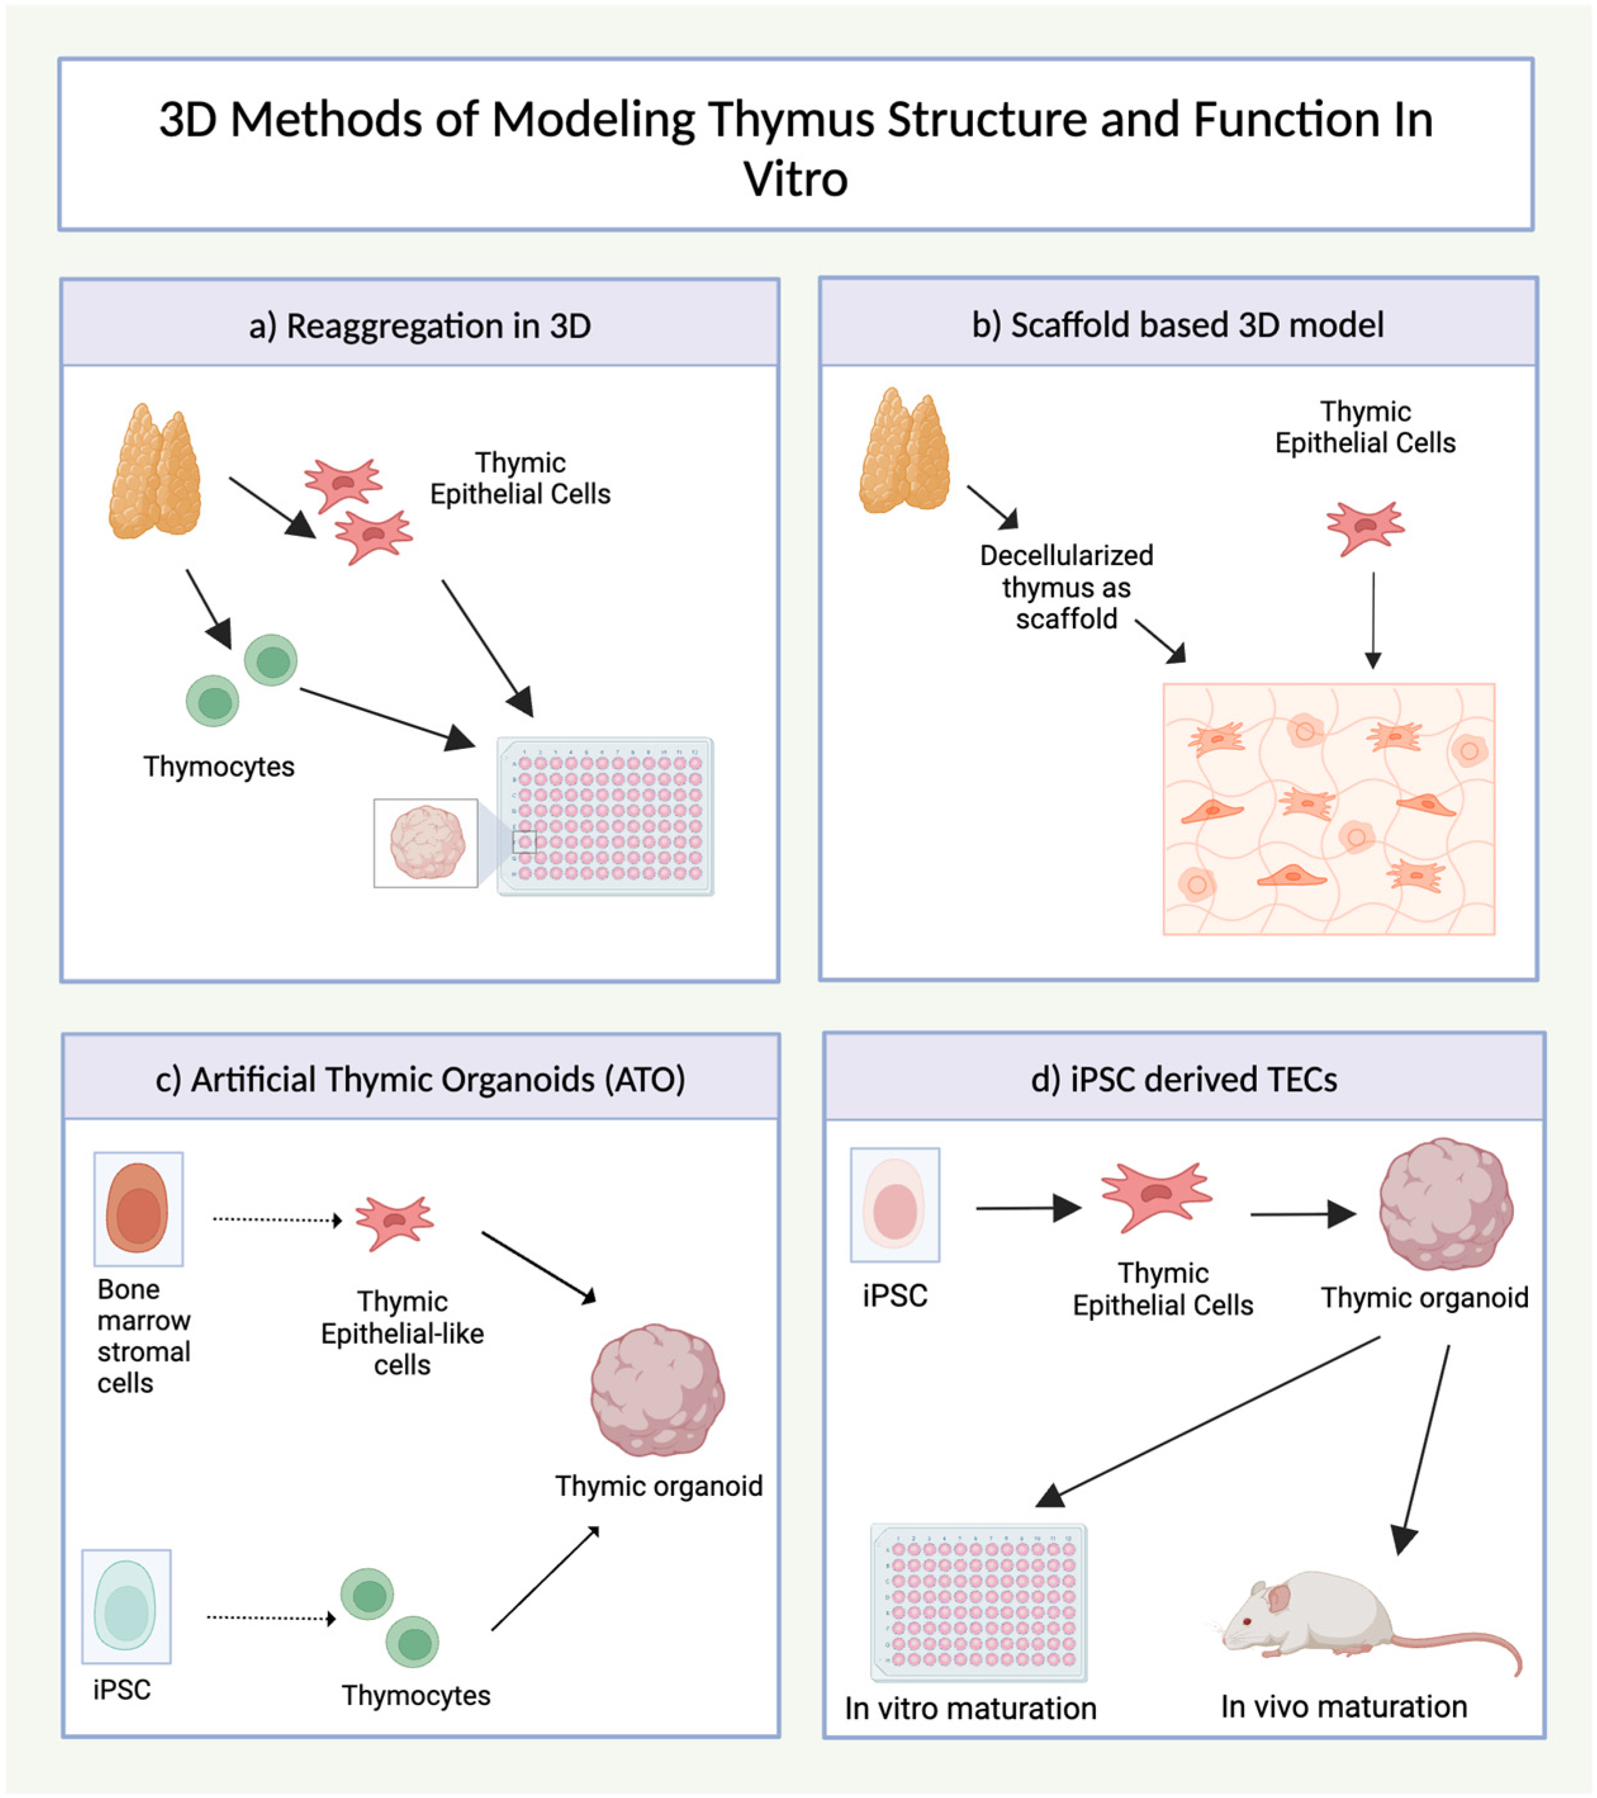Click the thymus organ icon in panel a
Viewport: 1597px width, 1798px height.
click(155, 473)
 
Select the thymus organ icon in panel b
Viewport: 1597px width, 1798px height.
click(905, 452)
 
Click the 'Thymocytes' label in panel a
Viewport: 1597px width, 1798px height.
click(219, 766)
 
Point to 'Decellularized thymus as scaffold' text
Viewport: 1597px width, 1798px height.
click(1066, 587)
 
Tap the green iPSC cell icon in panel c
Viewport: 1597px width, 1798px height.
click(126, 1606)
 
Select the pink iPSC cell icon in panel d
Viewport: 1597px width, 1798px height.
click(894, 1204)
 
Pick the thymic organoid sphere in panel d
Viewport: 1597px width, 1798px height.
click(1445, 1204)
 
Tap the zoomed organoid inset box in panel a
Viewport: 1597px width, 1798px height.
click(426, 843)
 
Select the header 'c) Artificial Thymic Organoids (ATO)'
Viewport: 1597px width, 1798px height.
click(421, 1080)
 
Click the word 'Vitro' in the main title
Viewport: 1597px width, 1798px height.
click(795, 179)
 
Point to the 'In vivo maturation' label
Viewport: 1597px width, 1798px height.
click(1343, 1707)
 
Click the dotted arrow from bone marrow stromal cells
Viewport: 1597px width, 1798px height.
click(276, 1219)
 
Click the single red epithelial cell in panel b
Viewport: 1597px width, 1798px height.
click(1365, 527)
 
